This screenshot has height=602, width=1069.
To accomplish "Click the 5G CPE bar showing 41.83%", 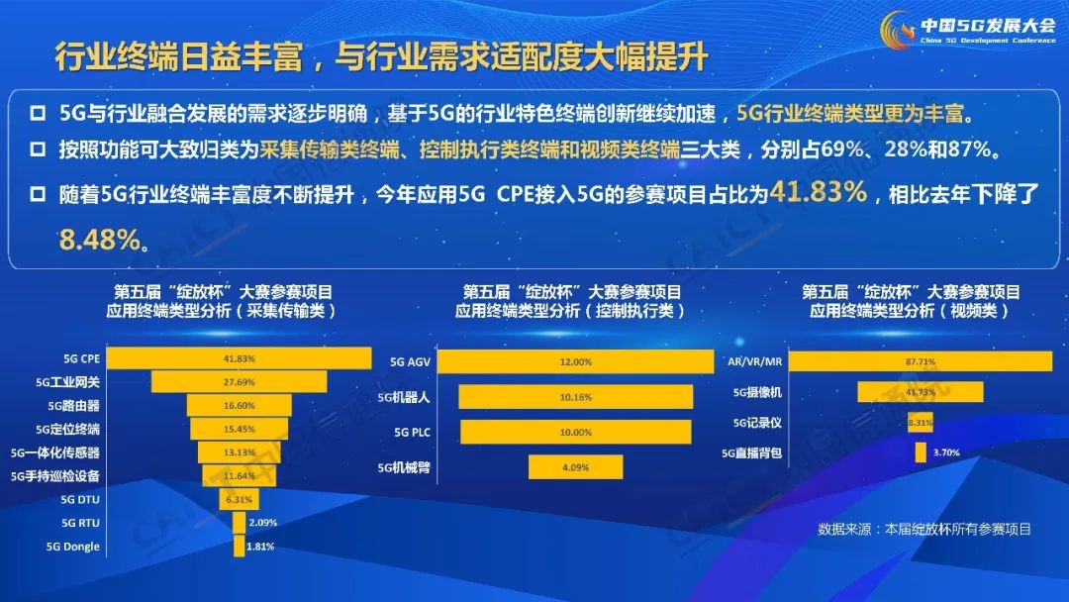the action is pyautogui.click(x=239, y=358).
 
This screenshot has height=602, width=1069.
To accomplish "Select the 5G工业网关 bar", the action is pyautogui.click(x=239, y=382).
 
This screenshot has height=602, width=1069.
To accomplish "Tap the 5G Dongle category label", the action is pyautogui.click(x=73, y=547).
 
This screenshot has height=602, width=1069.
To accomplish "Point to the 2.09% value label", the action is pyautogui.click(x=263, y=523).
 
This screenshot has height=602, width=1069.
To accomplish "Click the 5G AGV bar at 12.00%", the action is pyautogui.click(x=575, y=362).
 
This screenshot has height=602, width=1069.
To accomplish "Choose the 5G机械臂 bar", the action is pyautogui.click(x=575, y=467).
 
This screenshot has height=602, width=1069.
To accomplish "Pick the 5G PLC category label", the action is pyautogui.click(x=412, y=433).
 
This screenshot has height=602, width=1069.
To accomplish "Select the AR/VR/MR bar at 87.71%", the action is pyautogui.click(x=921, y=361).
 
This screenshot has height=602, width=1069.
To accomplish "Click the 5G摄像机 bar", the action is pyautogui.click(x=921, y=392).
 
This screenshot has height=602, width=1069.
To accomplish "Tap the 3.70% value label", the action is pyautogui.click(x=946, y=452).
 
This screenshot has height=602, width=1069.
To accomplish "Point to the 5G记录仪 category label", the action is pyautogui.click(x=757, y=423).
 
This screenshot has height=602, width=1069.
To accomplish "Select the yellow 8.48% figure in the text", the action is pyautogui.click(x=100, y=240).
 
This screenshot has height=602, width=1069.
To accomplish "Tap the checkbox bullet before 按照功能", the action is pyautogui.click(x=39, y=150).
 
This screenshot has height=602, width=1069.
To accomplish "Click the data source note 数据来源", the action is pyautogui.click(x=923, y=530).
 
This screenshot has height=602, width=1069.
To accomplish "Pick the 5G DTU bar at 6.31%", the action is pyautogui.click(x=239, y=500).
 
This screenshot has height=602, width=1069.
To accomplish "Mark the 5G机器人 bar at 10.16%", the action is pyautogui.click(x=575, y=397).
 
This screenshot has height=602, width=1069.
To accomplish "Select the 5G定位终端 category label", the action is pyautogui.click(x=67, y=430).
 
